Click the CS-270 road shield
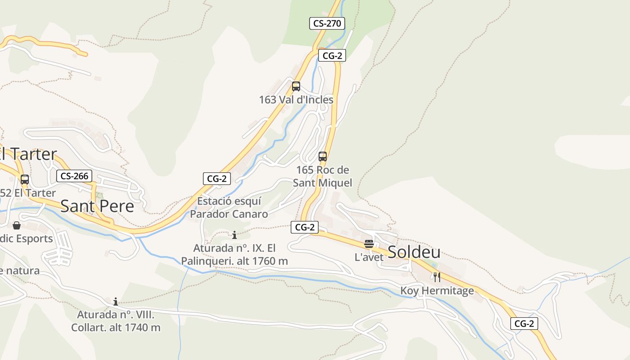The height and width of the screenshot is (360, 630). coord(327,23)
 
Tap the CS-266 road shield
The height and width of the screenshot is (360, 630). coord(74,176)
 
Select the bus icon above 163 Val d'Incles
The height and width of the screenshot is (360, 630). coord(296,86)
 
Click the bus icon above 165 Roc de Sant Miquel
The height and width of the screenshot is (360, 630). coord(323,157)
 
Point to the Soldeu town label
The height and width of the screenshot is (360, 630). coord(414,252)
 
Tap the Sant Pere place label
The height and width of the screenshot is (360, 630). coord(97,206)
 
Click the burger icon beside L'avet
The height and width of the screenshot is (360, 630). coord(369,244)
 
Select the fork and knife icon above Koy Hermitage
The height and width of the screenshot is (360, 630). coord(436,277)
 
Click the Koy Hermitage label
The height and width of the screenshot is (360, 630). coord(437,291)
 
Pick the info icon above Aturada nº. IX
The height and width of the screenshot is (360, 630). coord(234,235)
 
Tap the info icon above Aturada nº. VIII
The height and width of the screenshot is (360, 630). coord(116,301)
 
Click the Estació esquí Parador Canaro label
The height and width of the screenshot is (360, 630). coord(229,207)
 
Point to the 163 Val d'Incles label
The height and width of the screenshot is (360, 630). coord(296,100)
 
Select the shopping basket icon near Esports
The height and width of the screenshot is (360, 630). coord(17,225)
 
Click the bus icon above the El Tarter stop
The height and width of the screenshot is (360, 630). coord(25,180)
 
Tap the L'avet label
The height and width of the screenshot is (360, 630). coord(369,257)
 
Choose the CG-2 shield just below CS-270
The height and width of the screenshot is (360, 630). coord(332,56)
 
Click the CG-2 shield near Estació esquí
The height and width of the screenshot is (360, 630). coord(217,179)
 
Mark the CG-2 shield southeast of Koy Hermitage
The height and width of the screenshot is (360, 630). coord(524,323)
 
